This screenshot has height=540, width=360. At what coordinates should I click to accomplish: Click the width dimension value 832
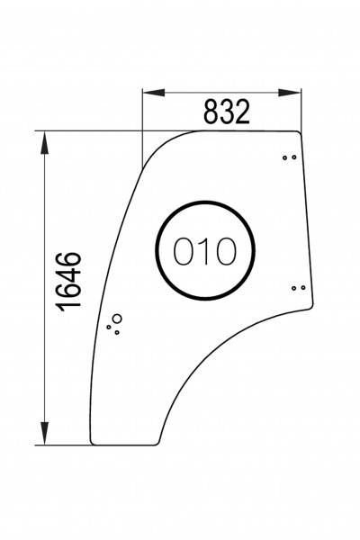[225, 112]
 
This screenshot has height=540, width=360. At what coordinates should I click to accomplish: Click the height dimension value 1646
[68, 283]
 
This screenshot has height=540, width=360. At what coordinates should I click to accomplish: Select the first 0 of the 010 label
[184, 253]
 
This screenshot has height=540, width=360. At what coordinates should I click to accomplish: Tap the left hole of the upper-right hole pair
[285, 157]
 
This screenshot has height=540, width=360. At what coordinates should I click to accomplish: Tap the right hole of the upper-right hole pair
[293, 157]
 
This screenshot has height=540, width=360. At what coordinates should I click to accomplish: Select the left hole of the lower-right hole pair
[295, 288]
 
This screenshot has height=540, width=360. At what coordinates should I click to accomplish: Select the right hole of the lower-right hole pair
[303, 288]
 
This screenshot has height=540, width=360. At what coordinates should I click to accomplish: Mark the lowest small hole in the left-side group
[116, 332]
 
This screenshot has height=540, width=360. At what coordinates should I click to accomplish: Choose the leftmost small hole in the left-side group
[109, 327]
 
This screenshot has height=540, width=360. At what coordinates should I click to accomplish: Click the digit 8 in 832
[211, 112]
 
